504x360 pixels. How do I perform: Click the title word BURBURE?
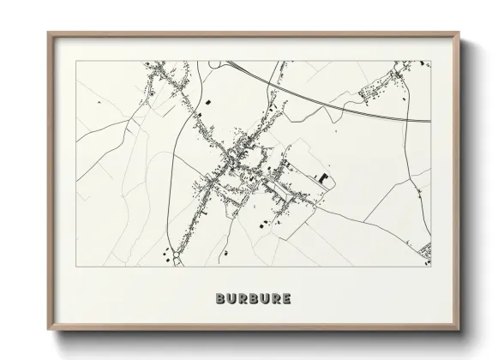click(x=254, y=299)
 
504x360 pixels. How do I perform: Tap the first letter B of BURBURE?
click(x=222, y=299)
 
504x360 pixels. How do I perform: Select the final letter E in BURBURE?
click(x=285, y=299)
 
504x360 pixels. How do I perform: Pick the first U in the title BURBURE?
click(x=232, y=299)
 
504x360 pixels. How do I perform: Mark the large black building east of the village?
click(x=322, y=178)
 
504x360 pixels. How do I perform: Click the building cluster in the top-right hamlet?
click(x=386, y=86)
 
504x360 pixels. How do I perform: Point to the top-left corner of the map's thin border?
click(x=76, y=61)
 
